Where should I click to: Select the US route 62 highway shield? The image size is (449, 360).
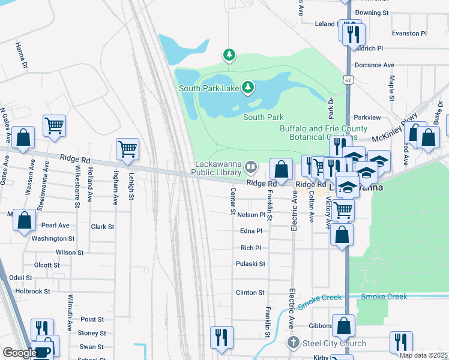tap(349, 79)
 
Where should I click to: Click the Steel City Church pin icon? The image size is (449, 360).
tap(293, 343)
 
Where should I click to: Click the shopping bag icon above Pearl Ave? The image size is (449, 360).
tap(24, 221)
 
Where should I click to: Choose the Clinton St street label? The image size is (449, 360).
tap(250, 293)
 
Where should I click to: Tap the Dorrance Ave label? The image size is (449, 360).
tap(374, 65)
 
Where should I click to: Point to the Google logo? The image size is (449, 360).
tap(19, 353)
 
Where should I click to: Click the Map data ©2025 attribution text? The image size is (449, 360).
tap(423, 355)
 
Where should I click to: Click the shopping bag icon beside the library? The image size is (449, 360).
tap(281, 169)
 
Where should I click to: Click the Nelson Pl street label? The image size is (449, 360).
tap(250, 215)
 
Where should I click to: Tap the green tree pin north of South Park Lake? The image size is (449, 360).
tap(229, 55)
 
